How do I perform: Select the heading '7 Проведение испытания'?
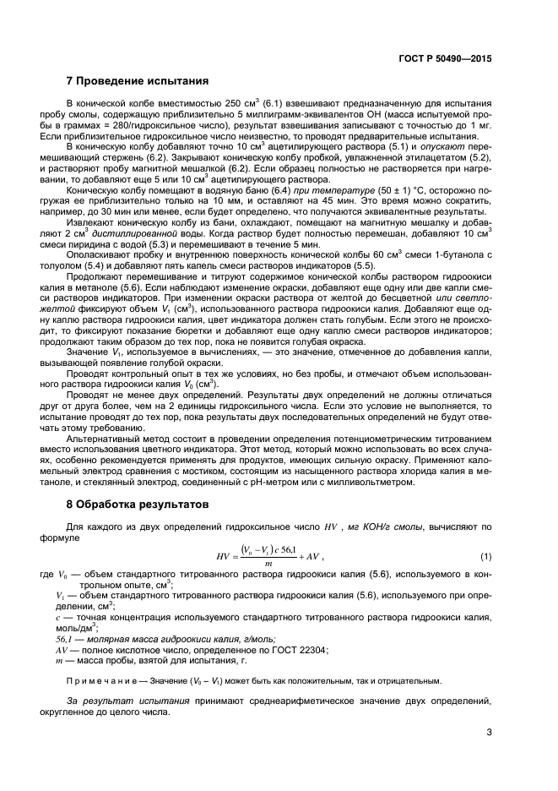click(x=138, y=82)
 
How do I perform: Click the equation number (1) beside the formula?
click(x=485, y=556)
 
